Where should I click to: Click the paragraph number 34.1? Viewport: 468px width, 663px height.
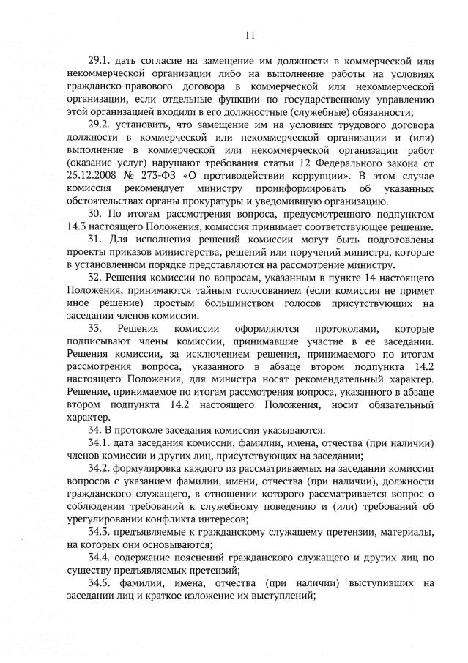click(x=100, y=442)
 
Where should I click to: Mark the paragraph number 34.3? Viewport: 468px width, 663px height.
click(x=100, y=530)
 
